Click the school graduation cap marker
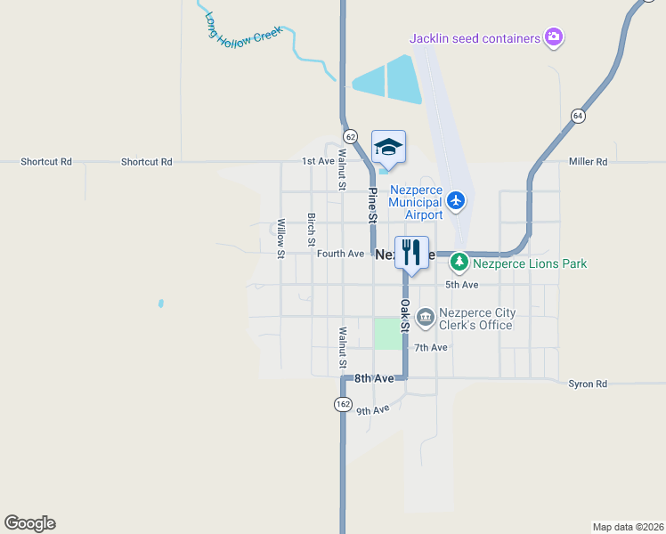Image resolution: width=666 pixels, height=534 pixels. click(388, 147)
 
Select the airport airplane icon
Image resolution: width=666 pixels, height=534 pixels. click(456, 199)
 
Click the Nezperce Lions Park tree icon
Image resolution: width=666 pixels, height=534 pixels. click(459, 263)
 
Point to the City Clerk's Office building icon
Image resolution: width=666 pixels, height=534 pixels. click(425, 317)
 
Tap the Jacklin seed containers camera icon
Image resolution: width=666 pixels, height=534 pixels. click(554, 37)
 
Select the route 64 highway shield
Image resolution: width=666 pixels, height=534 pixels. click(578, 116)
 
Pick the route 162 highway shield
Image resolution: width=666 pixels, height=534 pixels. click(343, 404)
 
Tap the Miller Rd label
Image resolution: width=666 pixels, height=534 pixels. click(588, 162)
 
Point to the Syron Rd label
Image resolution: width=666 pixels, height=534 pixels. click(588, 384)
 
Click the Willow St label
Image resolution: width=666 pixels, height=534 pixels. click(280, 238)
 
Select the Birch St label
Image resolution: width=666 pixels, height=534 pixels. click(311, 229)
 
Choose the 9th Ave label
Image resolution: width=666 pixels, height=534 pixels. click(373, 410)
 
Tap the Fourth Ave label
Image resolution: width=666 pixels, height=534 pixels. click(340, 254)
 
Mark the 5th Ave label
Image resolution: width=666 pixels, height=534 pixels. click(462, 285)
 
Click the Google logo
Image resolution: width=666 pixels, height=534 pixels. click(29, 523)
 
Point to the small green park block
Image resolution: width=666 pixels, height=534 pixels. click(387, 334)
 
